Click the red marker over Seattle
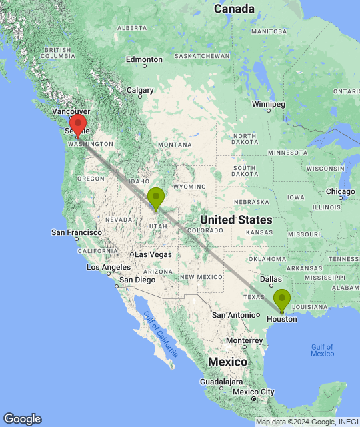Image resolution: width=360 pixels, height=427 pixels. tap(78, 125)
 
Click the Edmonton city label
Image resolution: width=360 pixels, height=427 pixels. tap(144, 59)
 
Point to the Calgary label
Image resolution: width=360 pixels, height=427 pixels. tap(140, 90)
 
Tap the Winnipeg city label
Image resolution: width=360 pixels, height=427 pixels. tap(269, 104)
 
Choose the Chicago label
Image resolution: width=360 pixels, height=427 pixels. tap(341, 192)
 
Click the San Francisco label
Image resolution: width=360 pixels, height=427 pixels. tap(77, 232)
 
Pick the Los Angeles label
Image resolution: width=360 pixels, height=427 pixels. tap(104, 267)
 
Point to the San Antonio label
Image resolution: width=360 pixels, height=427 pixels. tap(232, 314)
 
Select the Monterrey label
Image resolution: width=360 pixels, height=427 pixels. tap(243, 340)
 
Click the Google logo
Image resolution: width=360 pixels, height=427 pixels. tap(22, 418)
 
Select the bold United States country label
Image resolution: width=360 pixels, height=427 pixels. tap(236, 220)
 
